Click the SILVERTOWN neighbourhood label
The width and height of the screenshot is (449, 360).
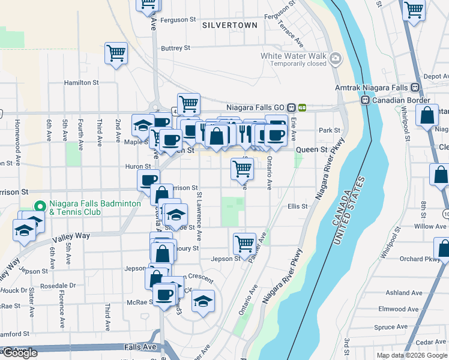(x=230, y=25)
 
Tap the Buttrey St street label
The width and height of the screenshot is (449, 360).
(x=175, y=48)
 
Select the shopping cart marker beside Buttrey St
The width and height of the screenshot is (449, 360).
(x=116, y=53)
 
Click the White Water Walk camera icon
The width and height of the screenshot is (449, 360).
(x=336, y=59)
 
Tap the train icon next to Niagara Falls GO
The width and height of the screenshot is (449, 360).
(x=291, y=107)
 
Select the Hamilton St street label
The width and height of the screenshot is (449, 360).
(x=81, y=83)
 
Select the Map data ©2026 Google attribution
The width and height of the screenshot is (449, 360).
(x=412, y=355)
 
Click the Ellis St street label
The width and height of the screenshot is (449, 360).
(x=297, y=206)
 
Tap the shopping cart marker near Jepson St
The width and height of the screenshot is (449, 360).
(x=244, y=244)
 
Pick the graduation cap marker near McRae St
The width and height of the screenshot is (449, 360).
(x=203, y=301)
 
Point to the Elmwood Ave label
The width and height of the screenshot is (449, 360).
(x=406, y=309)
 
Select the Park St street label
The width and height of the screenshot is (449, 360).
(x=330, y=130)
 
